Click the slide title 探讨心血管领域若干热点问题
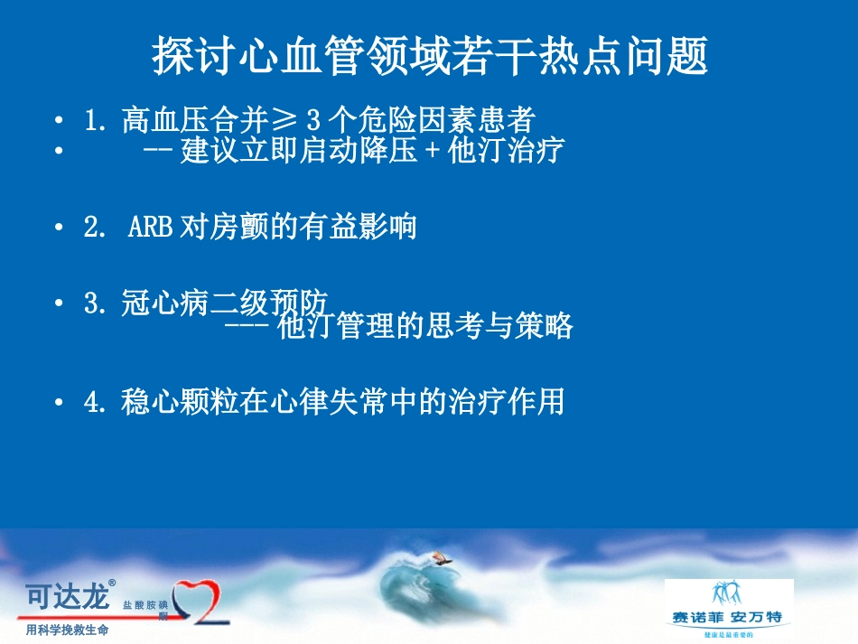tap(429, 57)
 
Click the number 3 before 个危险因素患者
tap(313, 120)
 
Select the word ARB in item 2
tap(150, 227)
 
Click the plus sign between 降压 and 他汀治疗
tap(433, 150)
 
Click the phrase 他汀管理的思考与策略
tap(425, 326)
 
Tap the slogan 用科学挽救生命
tap(68, 630)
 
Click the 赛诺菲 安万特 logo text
tap(727, 618)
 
